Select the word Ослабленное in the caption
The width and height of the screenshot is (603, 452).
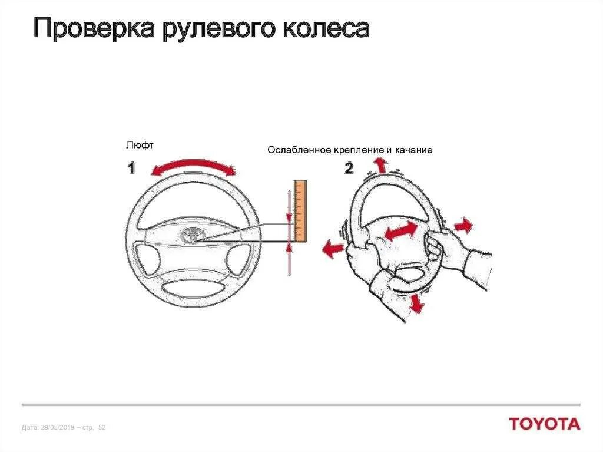pyautogui.click(x=299, y=150)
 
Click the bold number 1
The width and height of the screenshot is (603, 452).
pyautogui.click(x=131, y=169)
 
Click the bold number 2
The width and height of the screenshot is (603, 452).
pyautogui.click(x=349, y=169)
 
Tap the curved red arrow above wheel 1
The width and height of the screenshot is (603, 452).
pyautogui.click(x=193, y=166)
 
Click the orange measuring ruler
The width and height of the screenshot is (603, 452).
pyautogui.click(x=300, y=210)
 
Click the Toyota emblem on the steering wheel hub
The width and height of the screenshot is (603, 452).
pyautogui.click(x=192, y=234)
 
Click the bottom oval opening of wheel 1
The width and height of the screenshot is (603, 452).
pyautogui.click(x=191, y=289)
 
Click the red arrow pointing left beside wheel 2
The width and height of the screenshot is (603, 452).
pyautogui.click(x=333, y=249)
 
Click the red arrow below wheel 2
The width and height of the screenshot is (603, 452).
pyautogui.click(x=416, y=303)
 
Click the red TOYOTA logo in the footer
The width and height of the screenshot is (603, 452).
pyautogui.click(x=544, y=424)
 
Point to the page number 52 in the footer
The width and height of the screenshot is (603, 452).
pyautogui.click(x=101, y=427)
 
